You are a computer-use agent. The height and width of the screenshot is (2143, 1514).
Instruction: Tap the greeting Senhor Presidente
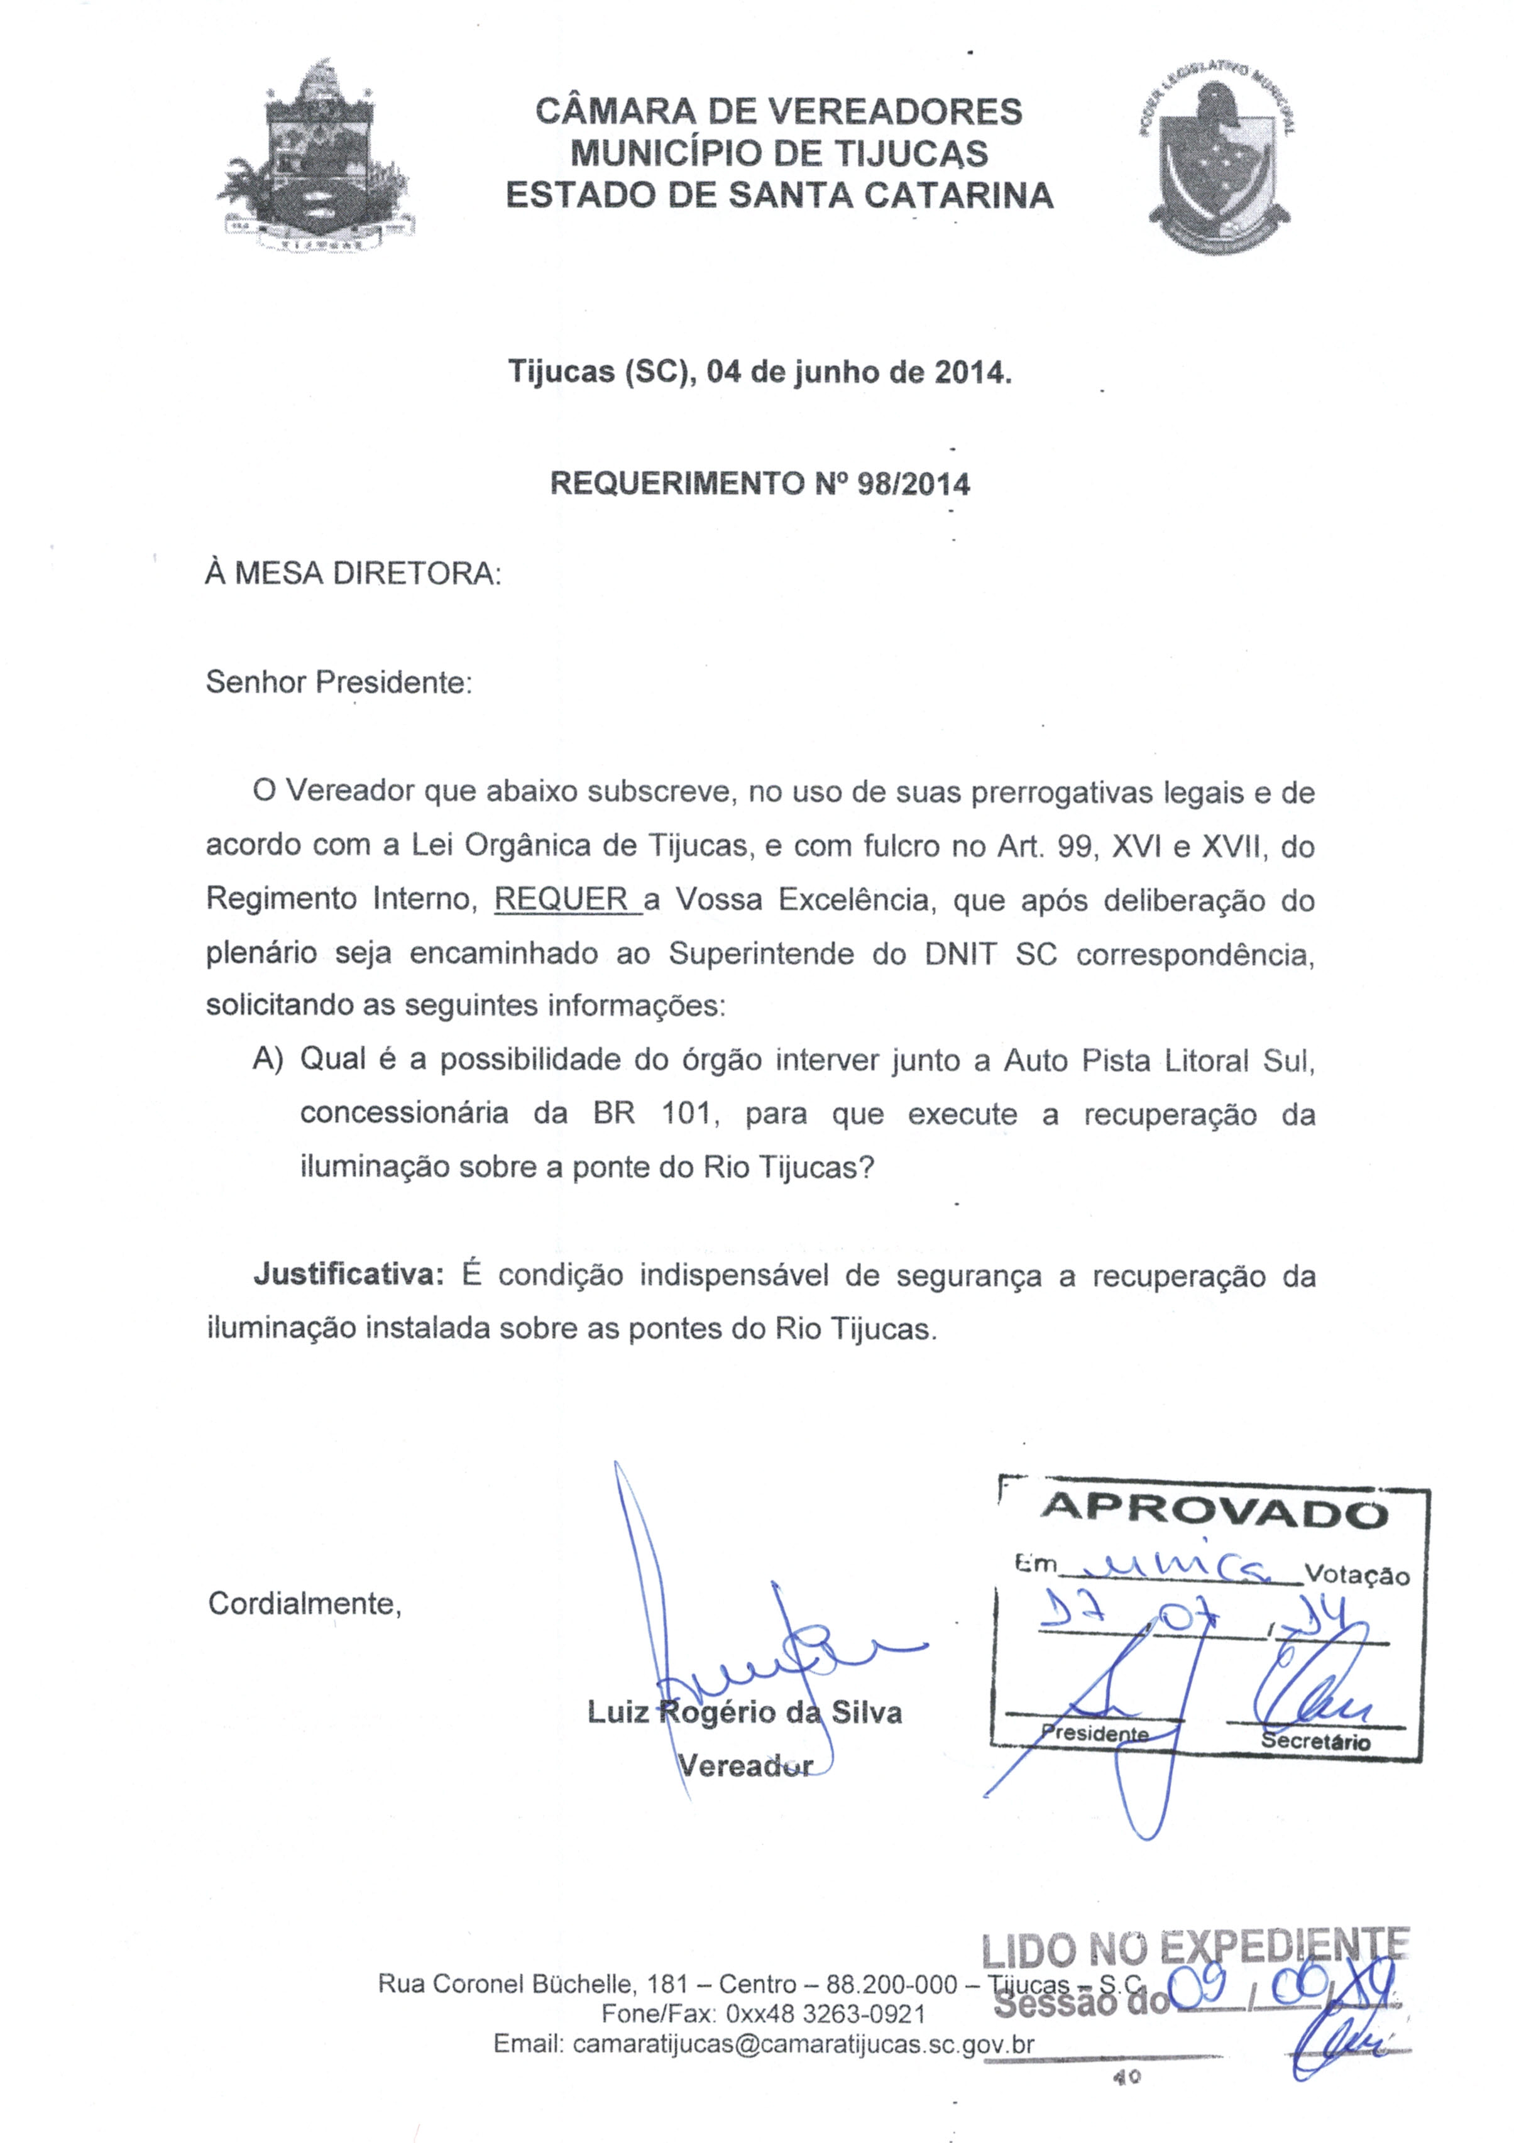click(339, 682)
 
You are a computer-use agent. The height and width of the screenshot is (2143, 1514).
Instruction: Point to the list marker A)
click(268, 1060)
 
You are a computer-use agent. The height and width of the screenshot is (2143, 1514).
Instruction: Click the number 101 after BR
click(686, 1114)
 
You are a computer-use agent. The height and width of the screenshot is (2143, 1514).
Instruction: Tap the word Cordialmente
click(304, 1604)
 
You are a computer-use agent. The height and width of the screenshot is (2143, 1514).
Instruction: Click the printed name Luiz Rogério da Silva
click(744, 1712)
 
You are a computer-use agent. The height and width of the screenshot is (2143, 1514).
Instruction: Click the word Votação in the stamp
click(1356, 1576)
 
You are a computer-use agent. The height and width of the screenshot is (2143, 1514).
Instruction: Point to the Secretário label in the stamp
click(1315, 1741)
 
